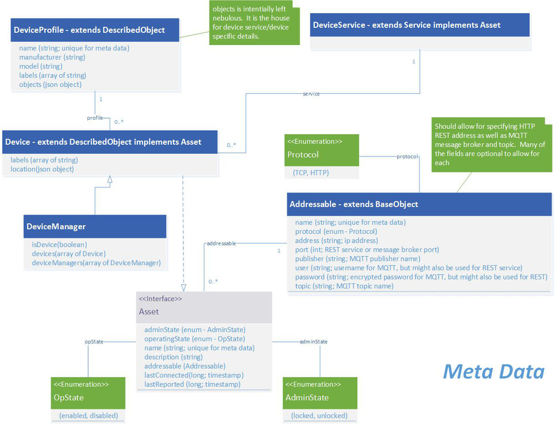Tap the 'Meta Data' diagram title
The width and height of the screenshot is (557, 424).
(x=493, y=371)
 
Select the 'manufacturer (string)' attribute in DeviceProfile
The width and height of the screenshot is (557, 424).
(x=52, y=57)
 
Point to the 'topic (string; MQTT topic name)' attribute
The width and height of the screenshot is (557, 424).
(x=344, y=286)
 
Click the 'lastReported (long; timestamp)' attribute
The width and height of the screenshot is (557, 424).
(x=192, y=384)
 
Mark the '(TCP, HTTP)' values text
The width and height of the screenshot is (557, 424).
(x=311, y=173)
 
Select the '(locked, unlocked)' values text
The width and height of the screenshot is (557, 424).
(x=319, y=416)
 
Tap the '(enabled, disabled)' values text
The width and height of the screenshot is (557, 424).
(x=88, y=416)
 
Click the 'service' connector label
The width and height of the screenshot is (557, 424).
(x=311, y=94)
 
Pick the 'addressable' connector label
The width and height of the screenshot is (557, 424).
(x=221, y=244)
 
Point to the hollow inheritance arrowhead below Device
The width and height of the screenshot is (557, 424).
(x=110, y=179)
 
